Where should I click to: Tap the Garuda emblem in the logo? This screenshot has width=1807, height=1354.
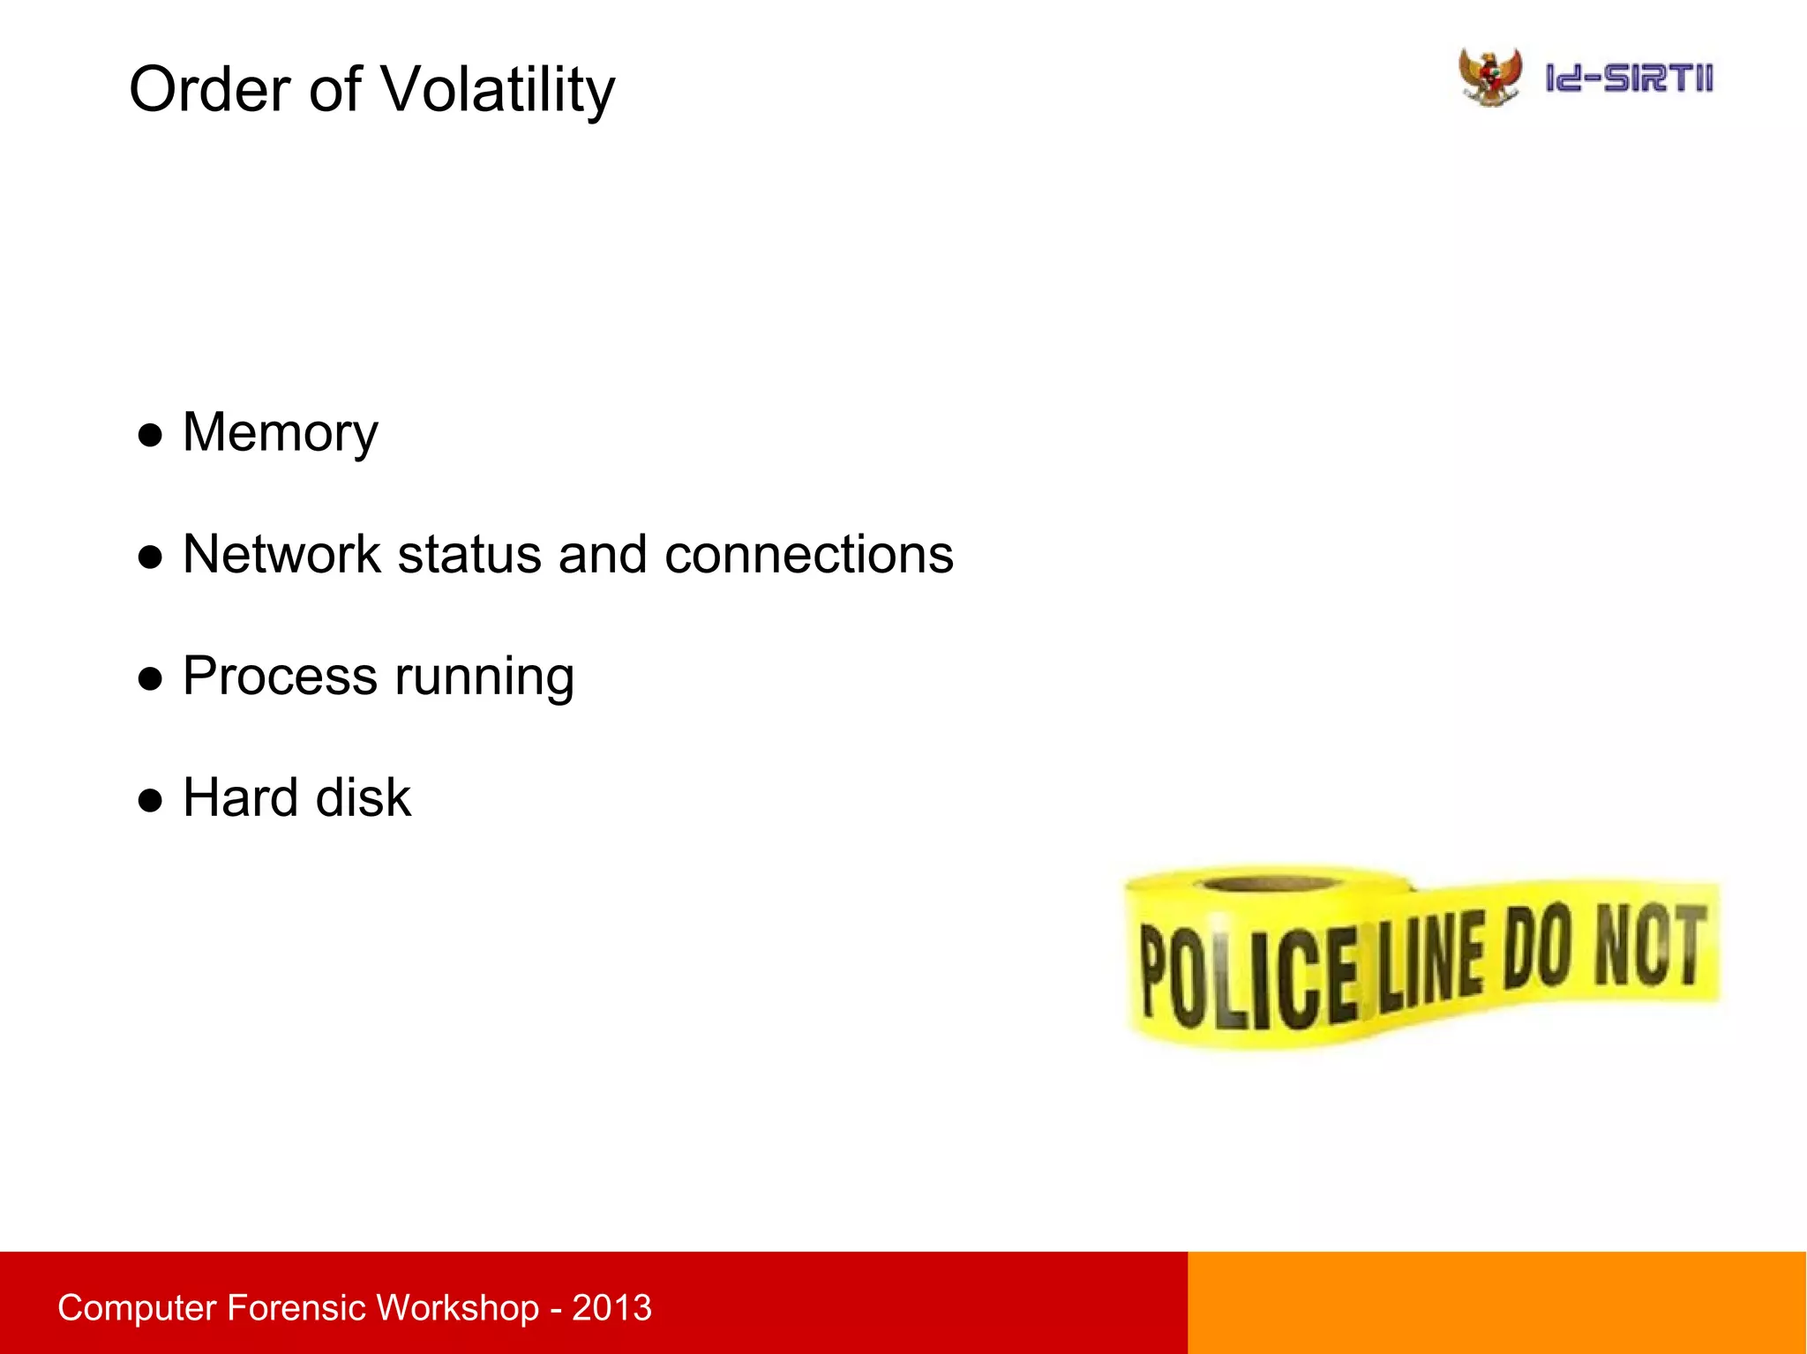click(1489, 78)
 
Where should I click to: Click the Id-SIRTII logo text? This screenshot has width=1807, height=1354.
click(1629, 79)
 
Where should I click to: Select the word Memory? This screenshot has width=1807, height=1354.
click(280, 433)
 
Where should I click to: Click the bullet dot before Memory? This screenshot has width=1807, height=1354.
click(151, 435)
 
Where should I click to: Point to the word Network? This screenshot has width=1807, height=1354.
click(281, 555)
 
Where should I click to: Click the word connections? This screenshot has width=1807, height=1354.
click(808, 555)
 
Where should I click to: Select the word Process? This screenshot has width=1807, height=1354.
click(280, 677)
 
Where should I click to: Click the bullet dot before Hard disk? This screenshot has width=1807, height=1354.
click(151, 800)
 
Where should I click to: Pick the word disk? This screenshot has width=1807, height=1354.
click(363, 798)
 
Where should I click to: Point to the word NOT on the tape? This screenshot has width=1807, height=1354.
click(1648, 946)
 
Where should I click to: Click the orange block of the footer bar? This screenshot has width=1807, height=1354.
click(1496, 1303)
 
